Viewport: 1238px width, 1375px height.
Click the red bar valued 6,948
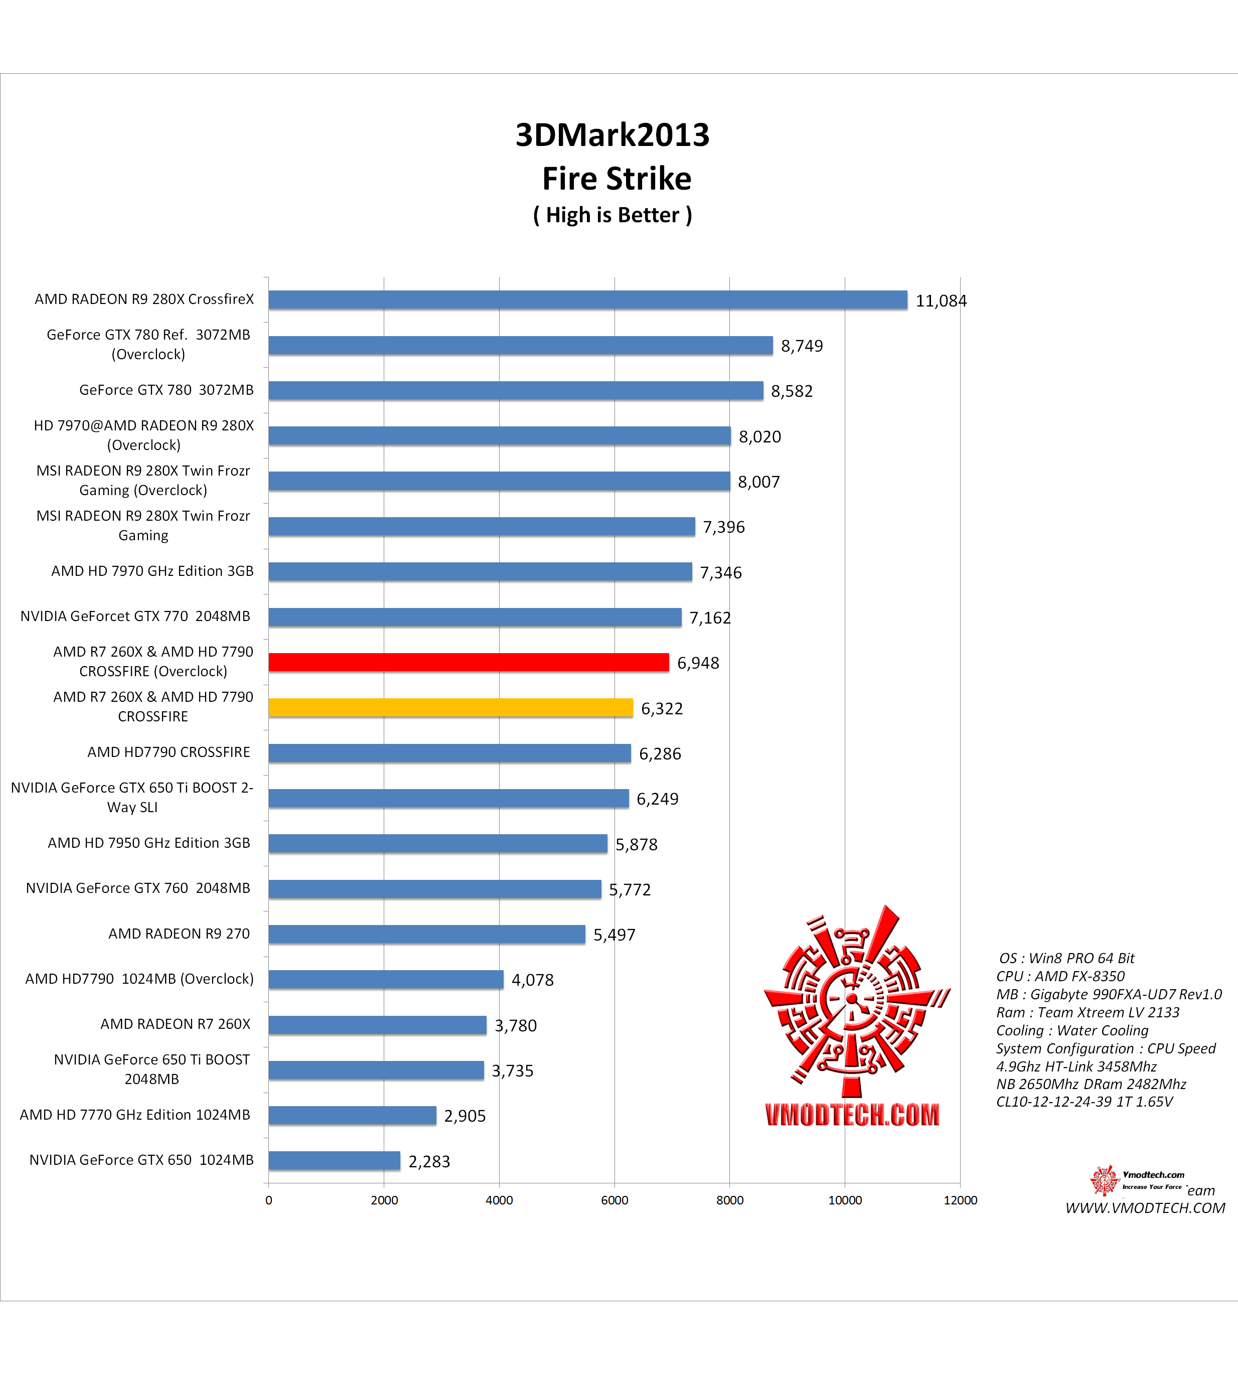(x=469, y=662)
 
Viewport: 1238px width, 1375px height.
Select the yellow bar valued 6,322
(x=450, y=708)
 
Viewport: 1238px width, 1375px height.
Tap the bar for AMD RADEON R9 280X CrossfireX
(x=588, y=299)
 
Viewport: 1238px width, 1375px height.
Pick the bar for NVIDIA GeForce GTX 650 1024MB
(x=334, y=1160)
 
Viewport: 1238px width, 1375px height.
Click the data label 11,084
(x=941, y=300)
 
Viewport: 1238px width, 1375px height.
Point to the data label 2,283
(x=429, y=1161)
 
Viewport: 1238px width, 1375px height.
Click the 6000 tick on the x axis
(x=614, y=1200)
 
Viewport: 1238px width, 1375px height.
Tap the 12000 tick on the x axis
(x=960, y=1200)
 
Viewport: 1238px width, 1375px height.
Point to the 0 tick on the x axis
(x=269, y=1200)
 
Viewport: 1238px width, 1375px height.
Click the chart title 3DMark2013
(x=612, y=135)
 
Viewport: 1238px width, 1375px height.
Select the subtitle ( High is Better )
(x=612, y=215)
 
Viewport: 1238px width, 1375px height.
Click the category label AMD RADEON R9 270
(x=179, y=934)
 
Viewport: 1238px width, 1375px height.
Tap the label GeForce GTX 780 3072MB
(x=166, y=390)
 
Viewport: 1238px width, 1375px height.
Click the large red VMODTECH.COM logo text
(x=852, y=1115)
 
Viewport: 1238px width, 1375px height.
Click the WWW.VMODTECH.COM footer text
(x=1145, y=1208)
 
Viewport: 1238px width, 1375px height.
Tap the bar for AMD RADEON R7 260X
(x=378, y=1025)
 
